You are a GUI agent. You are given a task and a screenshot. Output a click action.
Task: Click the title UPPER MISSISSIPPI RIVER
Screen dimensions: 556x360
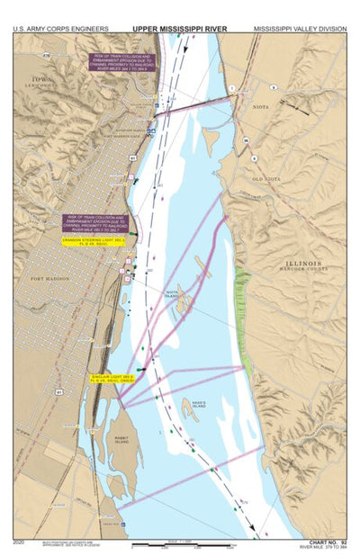tap(179, 28)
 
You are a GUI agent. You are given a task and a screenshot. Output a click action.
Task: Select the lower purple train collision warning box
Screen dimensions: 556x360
tap(96, 223)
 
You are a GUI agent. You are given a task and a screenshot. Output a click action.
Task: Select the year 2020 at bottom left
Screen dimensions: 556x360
tap(20, 543)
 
